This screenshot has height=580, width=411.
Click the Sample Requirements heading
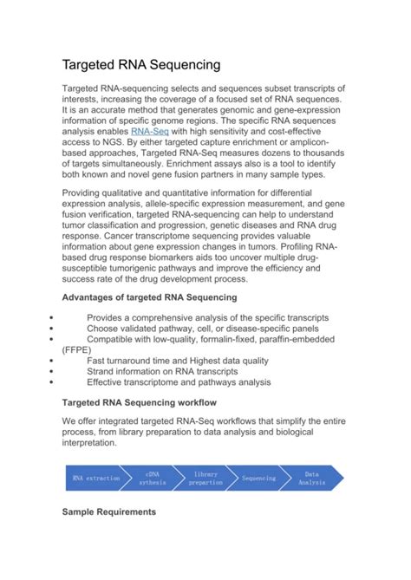click(108, 512)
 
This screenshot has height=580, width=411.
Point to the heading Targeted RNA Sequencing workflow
click(145, 403)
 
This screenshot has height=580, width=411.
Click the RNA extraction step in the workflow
click(96, 478)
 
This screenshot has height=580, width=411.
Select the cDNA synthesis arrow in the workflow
click(152, 478)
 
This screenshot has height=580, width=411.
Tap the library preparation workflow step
click(205, 478)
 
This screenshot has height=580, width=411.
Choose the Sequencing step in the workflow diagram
click(258, 478)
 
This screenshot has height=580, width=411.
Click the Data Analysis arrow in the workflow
click(312, 478)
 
